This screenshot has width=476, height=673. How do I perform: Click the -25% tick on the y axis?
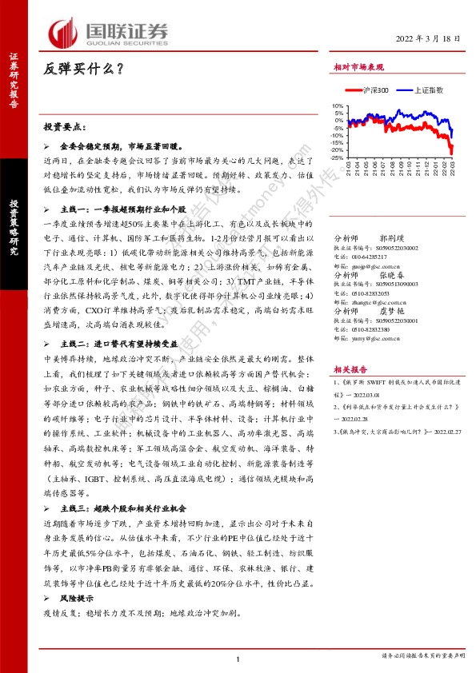click(337, 157)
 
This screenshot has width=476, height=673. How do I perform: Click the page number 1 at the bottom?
click(238, 659)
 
